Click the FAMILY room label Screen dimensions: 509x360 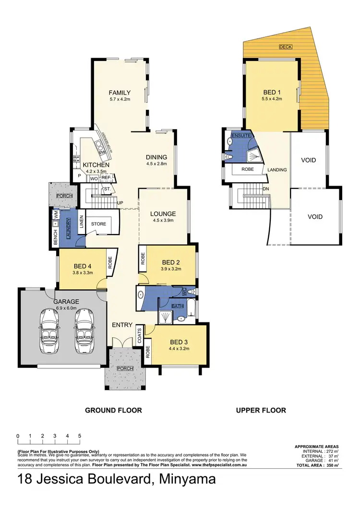pyautogui.click(x=120, y=93)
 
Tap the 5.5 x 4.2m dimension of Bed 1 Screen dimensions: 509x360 pyautogui.click(x=272, y=99)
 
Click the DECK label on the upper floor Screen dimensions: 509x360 pyautogui.click(x=286, y=47)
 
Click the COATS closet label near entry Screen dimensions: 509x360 pyautogui.click(x=139, y=334)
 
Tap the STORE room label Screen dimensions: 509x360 pyautogui.click(x=98, y=224)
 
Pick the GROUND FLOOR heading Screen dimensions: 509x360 pyautogui.click(x=113, y=410)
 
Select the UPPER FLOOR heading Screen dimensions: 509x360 pyautogui.click(x=261, y=410)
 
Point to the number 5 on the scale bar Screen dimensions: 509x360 pyautogui.click(x=79, y=436)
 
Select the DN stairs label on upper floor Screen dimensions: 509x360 pyautogui.click(x=265, y=189)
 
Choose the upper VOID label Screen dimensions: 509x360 pyautogui.click(x=308, y=160)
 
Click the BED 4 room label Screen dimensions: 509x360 pyautogui.click(x=80, y=266)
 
